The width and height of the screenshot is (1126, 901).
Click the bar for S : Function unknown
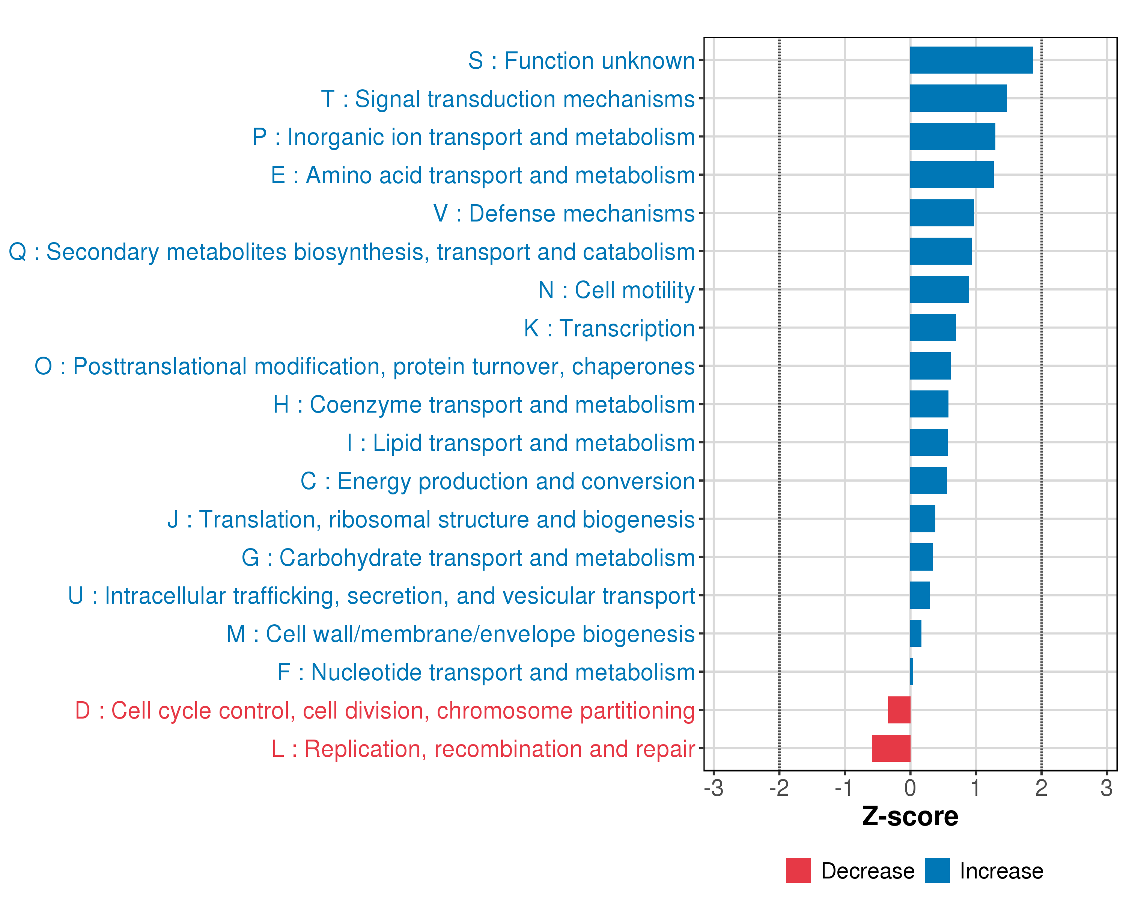971,60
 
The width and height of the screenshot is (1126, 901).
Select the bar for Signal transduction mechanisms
958,98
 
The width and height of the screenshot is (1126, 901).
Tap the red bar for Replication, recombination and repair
891,748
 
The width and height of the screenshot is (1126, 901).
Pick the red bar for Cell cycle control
899,710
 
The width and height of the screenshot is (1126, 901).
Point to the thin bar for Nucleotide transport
911,672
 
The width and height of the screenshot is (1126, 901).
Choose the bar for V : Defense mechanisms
942,213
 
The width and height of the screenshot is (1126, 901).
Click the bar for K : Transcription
933,327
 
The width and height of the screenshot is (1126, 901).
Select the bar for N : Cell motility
939,289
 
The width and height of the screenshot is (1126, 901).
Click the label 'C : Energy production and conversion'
497,481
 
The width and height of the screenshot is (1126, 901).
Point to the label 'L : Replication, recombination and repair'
483,749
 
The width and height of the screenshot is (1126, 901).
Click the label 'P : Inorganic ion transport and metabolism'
473,137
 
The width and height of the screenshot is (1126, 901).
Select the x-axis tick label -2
779,788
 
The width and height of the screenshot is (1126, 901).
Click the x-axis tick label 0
910,788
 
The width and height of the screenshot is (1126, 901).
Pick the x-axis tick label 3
1106,788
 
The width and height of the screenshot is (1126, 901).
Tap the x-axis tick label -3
714,788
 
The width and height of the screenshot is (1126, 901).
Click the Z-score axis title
910,817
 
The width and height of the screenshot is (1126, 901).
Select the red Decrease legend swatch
798,871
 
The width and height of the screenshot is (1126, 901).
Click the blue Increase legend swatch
937,871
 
